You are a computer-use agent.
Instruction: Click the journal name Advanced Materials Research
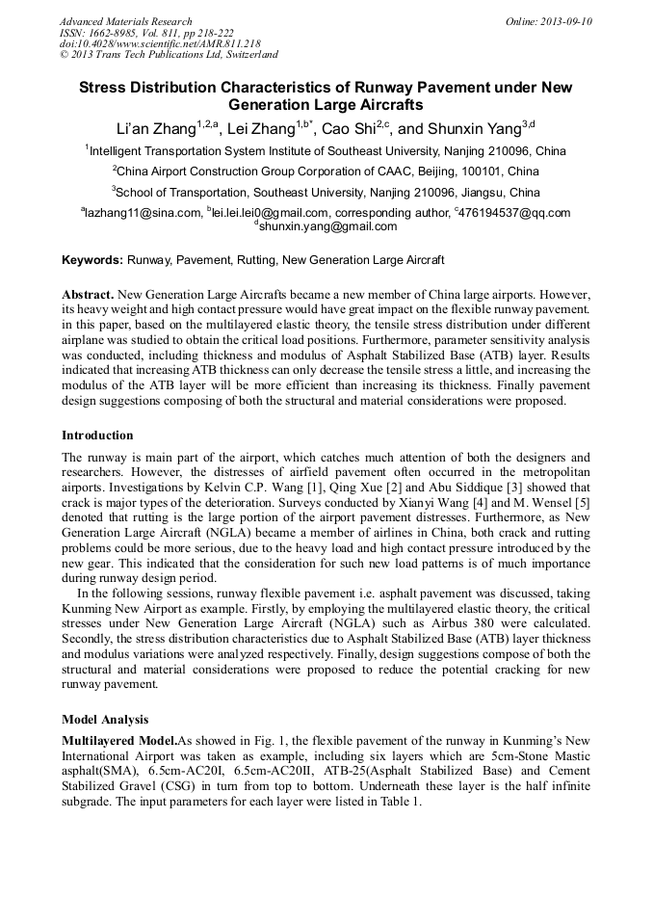125,21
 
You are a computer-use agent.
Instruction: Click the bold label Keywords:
92,260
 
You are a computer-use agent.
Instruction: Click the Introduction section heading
97,436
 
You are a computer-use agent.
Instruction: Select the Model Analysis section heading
106,719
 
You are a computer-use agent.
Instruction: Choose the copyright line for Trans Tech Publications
169,55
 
